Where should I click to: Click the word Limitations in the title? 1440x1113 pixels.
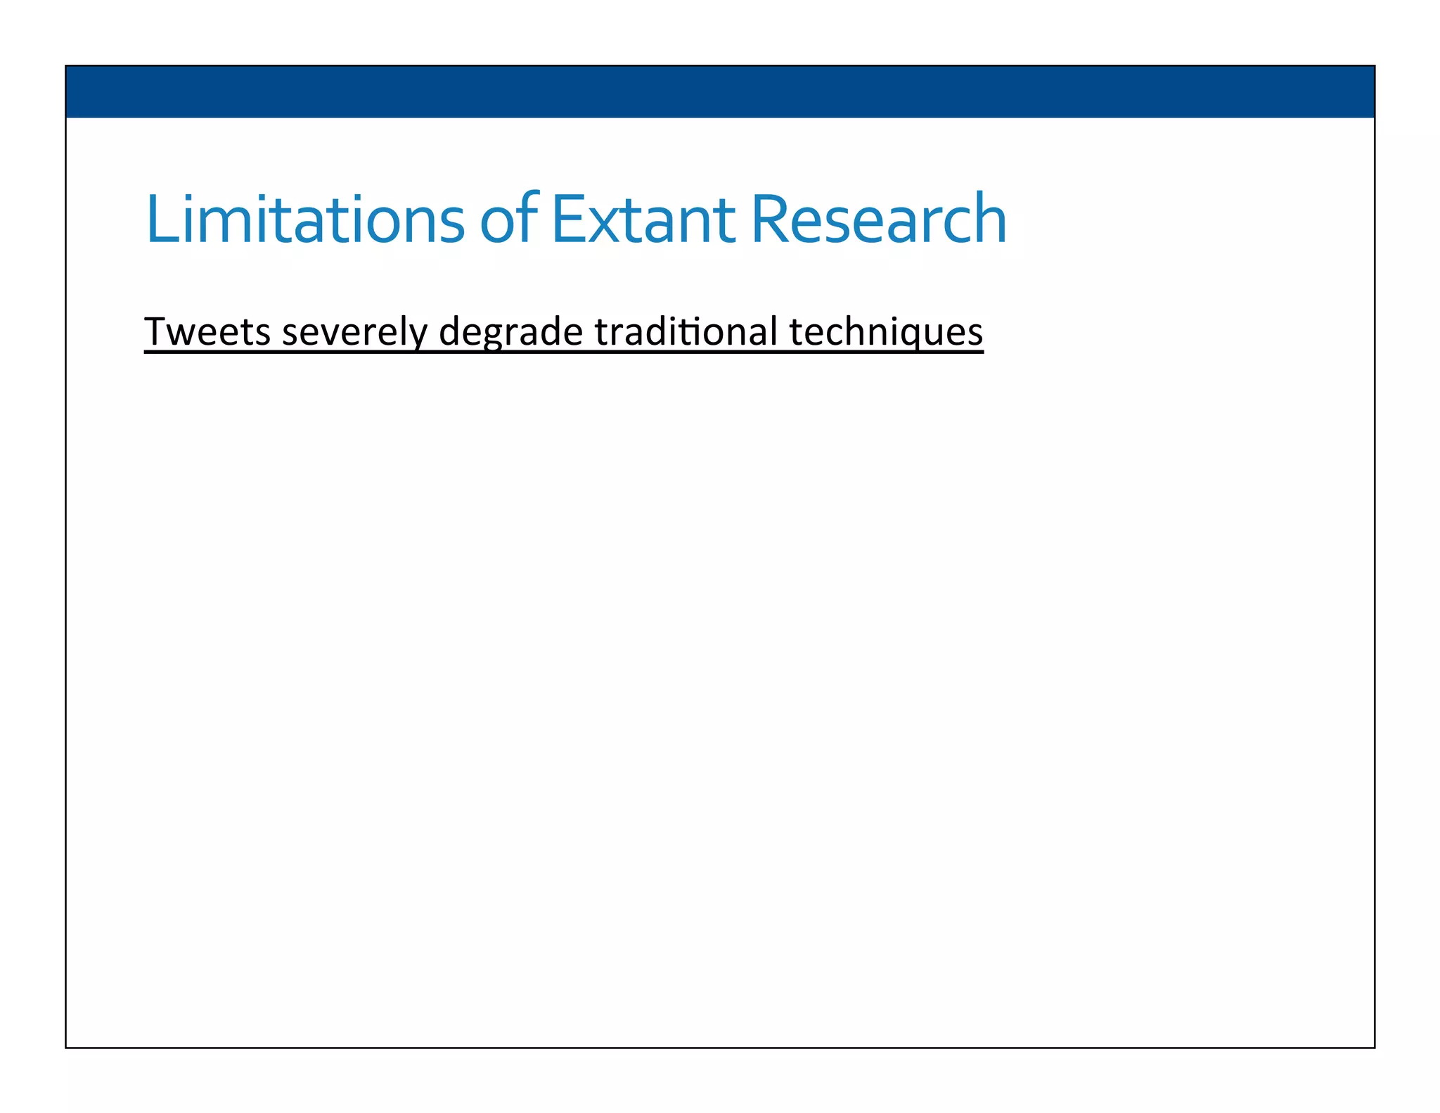pos(304,220)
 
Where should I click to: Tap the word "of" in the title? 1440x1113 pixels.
pos(508,220)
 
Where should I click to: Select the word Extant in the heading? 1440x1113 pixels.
pos(643,220)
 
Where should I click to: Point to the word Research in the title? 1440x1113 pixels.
pos(878,220)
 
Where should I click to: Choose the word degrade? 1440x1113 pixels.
pos(510,333)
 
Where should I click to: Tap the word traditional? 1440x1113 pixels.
pos(686,331)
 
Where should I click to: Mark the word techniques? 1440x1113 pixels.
pos(885,333)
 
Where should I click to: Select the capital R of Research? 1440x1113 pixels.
pos(770,220)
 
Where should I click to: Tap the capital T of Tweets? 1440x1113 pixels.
pos(156,331)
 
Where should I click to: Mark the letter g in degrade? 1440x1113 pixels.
pos(491,336)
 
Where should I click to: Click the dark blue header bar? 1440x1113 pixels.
pos(719,91)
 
